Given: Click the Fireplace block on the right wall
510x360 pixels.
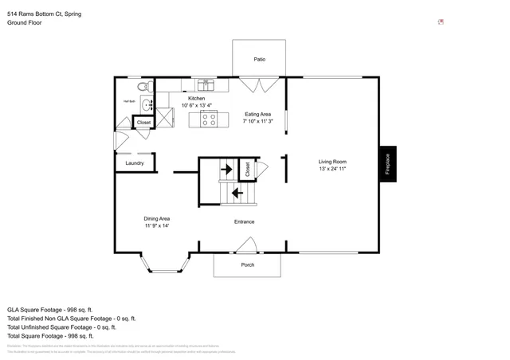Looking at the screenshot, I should coord(387,164).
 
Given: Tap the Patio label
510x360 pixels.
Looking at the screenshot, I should coord(259,59).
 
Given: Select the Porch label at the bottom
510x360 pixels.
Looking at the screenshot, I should coord(247,264).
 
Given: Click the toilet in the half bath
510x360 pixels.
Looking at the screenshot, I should coord(142,87).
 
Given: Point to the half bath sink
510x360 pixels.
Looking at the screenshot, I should coord(146,104).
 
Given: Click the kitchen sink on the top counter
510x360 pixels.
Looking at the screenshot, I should coord(206,84).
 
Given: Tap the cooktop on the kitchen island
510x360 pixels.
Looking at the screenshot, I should coord(209,119).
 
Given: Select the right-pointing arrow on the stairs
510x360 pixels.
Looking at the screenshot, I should coord(226,170).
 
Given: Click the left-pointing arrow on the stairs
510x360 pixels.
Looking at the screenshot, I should coord(237,192).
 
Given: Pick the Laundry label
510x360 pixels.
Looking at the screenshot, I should coord(134,163).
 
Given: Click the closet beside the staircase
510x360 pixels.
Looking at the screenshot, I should coord(247,170).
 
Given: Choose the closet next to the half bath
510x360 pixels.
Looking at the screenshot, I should coord(143,123).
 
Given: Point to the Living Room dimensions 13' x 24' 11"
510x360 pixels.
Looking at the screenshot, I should coord(332,169).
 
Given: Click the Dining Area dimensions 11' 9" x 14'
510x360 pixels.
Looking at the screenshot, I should coord(157,225).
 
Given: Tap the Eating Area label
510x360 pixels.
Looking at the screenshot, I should coord(257,114).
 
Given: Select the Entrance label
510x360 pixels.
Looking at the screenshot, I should coord(244,221).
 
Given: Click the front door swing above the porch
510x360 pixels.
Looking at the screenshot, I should coord(247,245).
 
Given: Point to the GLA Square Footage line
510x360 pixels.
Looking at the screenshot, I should coord(50,309).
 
